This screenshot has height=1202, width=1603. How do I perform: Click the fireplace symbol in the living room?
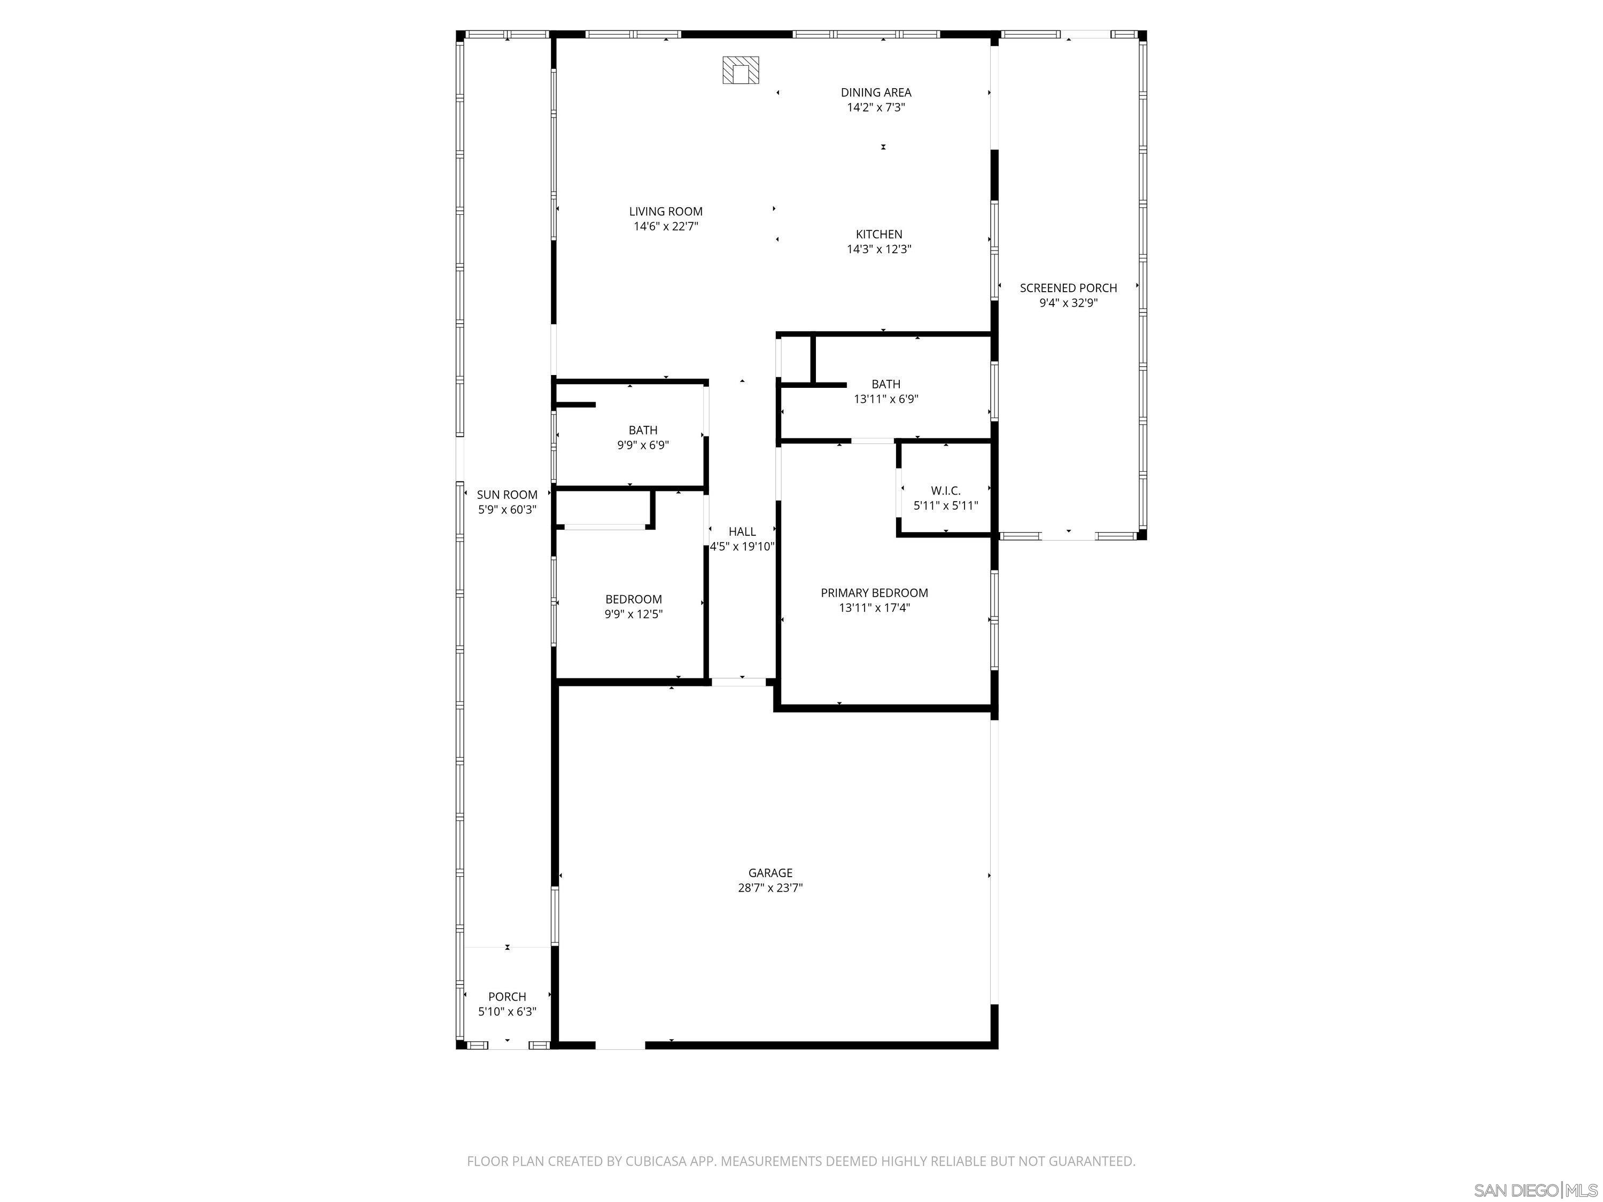pos(741,71)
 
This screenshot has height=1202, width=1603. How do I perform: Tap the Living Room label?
pos(665,212)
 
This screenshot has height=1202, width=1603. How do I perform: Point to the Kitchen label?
pos(878,234)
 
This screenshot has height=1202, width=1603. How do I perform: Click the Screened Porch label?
pos(1068,287)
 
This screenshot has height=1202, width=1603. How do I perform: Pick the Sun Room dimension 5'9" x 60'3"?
pos(507,509)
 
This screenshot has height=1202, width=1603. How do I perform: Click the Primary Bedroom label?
pos(874,592)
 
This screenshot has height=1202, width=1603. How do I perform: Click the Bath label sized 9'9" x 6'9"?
pos(642,431)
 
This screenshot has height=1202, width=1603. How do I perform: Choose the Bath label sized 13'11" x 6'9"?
pos(885,384)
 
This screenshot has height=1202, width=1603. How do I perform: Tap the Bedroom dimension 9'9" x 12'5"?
pos(633,614)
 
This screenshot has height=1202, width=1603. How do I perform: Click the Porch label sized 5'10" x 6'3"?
pos(507,997)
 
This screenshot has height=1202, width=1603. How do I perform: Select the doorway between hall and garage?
pos(738,682)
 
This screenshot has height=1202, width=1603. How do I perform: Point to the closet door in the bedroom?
pos(604,527)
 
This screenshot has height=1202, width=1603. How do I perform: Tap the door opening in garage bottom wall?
pos(620,1045)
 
